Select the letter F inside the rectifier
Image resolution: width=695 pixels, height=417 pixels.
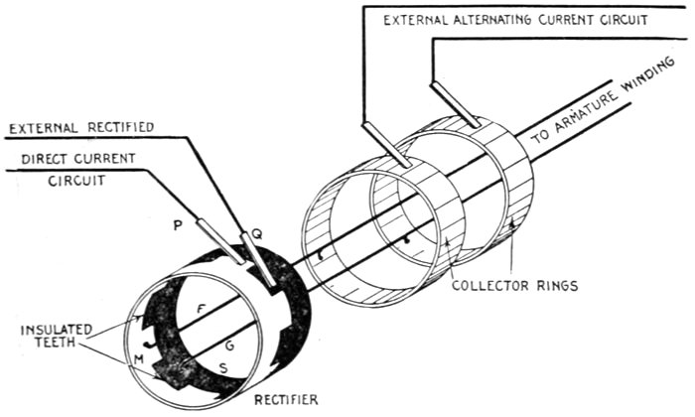coord(203,309)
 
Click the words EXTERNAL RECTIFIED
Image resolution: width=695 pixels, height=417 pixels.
coord(75,129)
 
